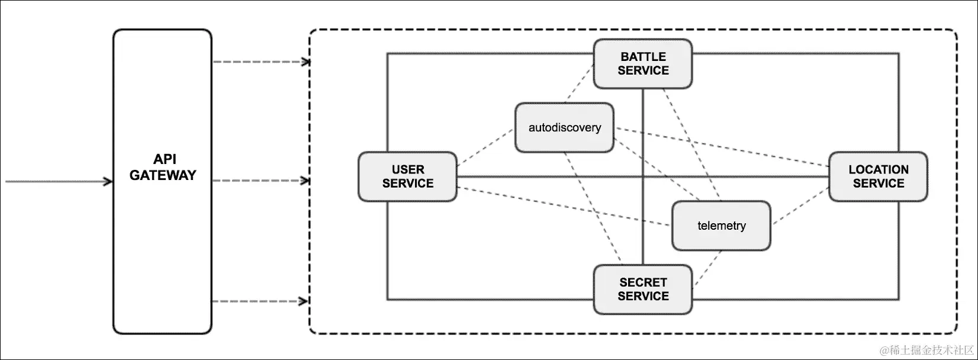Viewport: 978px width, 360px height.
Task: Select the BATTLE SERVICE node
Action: [643, 64]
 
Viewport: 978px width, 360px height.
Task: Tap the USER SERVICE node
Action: [407, 177]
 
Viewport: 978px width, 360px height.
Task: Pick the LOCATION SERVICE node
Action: [878, 177]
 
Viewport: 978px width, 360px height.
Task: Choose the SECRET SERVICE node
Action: [643, 290]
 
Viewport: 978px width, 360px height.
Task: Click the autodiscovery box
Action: [564, 128]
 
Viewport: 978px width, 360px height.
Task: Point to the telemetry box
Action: [721, 226]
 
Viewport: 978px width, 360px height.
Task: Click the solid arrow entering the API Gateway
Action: [59, 181]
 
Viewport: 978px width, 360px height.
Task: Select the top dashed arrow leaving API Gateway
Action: [260, 62]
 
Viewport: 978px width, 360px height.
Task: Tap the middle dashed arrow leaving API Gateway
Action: [260, 181]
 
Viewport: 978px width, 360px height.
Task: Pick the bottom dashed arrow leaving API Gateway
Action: [260, 301]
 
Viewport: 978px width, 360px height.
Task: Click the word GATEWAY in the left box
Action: [163, 175]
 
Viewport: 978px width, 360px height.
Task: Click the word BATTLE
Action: [643, 57]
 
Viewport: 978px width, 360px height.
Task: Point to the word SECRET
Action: [643, 282]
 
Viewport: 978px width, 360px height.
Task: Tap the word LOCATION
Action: [878, 170]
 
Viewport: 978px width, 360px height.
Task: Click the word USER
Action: [407, 170]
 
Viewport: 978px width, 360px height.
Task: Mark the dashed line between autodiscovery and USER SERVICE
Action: [485, 147]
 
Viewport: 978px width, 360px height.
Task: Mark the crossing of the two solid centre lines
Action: [643, 176]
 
